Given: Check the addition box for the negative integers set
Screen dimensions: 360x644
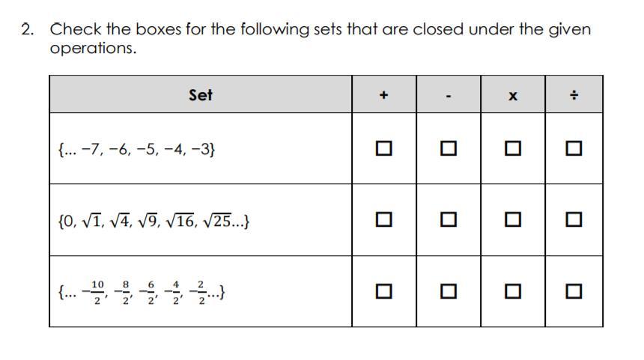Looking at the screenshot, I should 383,149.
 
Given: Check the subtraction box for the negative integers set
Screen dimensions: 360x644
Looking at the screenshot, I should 448,149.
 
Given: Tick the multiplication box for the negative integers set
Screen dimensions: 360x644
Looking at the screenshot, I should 512,149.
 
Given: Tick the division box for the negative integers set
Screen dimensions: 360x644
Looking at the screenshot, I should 574,149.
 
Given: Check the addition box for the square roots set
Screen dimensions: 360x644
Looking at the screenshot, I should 383,220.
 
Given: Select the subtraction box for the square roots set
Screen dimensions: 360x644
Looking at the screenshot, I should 448,220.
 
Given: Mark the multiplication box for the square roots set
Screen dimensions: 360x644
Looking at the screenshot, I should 512,220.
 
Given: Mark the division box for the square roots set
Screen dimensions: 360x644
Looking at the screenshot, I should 574,220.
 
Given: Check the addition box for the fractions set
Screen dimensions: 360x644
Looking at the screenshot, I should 383,291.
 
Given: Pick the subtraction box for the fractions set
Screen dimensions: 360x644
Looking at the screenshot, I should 448,291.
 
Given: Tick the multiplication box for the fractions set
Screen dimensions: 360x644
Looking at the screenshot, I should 512,291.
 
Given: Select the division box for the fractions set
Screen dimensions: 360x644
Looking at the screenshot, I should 574,291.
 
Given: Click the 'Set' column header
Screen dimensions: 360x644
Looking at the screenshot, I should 201,95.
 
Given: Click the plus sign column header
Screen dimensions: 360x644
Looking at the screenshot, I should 383,95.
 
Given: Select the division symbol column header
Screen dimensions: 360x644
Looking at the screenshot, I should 574,96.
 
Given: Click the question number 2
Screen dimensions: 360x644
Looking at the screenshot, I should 28,30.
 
